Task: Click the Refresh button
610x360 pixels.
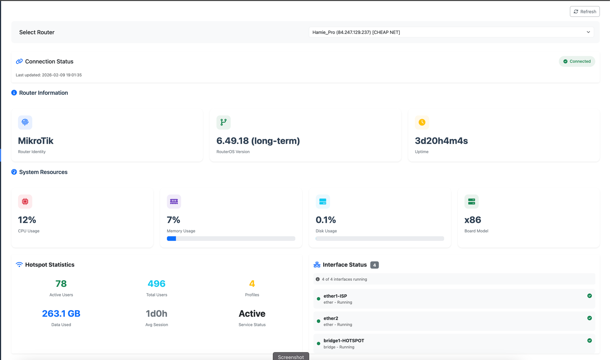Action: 584,12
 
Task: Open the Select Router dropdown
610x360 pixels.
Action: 451,32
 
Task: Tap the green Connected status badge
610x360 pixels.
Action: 577,61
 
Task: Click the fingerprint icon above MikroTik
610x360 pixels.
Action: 25,122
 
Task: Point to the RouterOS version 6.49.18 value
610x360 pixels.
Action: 258,141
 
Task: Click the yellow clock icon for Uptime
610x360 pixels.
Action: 422,122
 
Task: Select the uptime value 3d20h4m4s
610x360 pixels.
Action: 441,141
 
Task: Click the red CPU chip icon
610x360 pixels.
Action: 25,202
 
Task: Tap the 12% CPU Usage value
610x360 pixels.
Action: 27,220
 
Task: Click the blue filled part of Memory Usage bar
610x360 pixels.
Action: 172,238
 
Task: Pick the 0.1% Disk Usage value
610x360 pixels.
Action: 326,220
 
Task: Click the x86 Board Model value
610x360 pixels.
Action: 473,220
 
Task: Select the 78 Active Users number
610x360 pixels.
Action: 61,284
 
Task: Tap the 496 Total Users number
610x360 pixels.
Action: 157,284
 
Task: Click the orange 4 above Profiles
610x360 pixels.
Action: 252,284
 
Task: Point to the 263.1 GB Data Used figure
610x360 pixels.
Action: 61,314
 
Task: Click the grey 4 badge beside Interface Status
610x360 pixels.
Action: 374,265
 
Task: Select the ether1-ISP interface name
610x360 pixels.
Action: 335,296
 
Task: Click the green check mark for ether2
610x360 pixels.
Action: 589,318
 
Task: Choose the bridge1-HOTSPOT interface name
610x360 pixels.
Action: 344,341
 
